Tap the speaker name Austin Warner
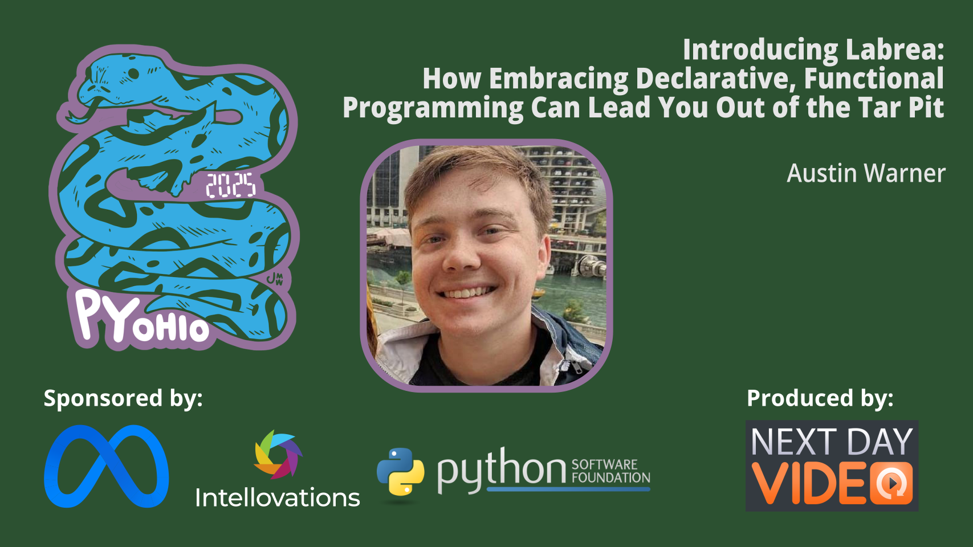(866, 173)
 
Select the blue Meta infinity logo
(107, 466)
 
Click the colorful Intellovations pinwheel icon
(278, 455)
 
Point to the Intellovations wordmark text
(278, 497)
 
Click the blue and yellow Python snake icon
(401, 472)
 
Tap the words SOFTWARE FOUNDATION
(610, 471)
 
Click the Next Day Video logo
(832, 466)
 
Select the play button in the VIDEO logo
(891, 483)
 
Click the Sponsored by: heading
(123, 398)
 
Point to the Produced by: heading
(820, 398)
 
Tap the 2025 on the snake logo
(231, 185)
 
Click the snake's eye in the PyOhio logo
(133, 74)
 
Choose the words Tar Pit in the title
(897, 107)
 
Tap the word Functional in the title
(874, 79)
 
